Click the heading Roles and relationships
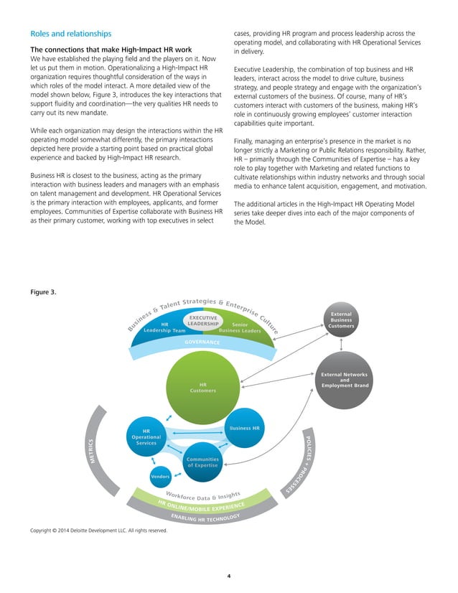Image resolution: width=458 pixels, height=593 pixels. [70, 33]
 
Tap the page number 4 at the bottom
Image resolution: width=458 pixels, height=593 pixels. [229, 576]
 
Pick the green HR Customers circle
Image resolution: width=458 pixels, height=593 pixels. [202, 388]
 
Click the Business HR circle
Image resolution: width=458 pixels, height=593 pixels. [246, 429]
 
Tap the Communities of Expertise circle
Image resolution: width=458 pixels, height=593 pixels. [203, 462]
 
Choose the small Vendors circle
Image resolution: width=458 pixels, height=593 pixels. [159, 477]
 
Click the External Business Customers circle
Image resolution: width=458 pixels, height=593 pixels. [341, 322]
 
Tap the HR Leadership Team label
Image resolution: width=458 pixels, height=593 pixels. [164, 327]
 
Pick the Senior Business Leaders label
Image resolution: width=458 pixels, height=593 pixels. [239, 327]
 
